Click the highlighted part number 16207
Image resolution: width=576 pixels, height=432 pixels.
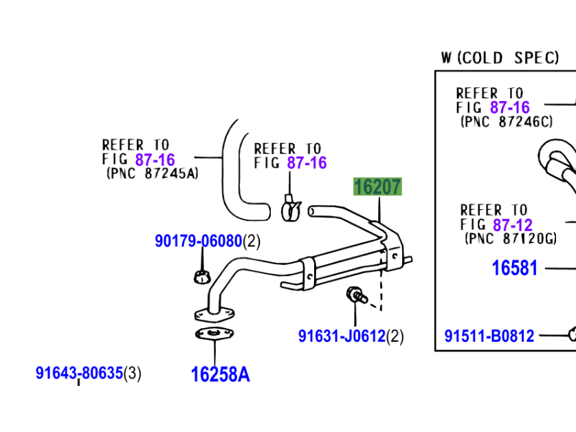tap(377, 187)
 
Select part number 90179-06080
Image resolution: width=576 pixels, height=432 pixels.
tap(198, 241)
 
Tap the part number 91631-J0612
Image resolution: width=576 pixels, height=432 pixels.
tap(342, 336)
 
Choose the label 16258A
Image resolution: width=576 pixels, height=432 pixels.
tap(220, 374)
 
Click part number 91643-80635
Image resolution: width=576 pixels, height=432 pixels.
tap(79, 374)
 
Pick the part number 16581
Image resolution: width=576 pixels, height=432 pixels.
tap(515, 268)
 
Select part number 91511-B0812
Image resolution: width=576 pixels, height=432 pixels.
tap(489, 336)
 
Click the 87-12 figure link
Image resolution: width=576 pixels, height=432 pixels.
tap(511, 225)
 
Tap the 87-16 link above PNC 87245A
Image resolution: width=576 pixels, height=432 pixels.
tap(155, 160)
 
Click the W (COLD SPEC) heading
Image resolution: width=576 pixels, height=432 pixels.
tap(500, 58)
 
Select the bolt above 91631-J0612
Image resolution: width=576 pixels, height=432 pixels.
tap(355, 296)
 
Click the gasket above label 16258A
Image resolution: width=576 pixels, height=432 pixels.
tap(214, 335)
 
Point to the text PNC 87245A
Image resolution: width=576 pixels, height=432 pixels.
tap(152, 174)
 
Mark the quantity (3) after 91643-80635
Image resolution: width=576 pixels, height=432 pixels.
tap(133, 374)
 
